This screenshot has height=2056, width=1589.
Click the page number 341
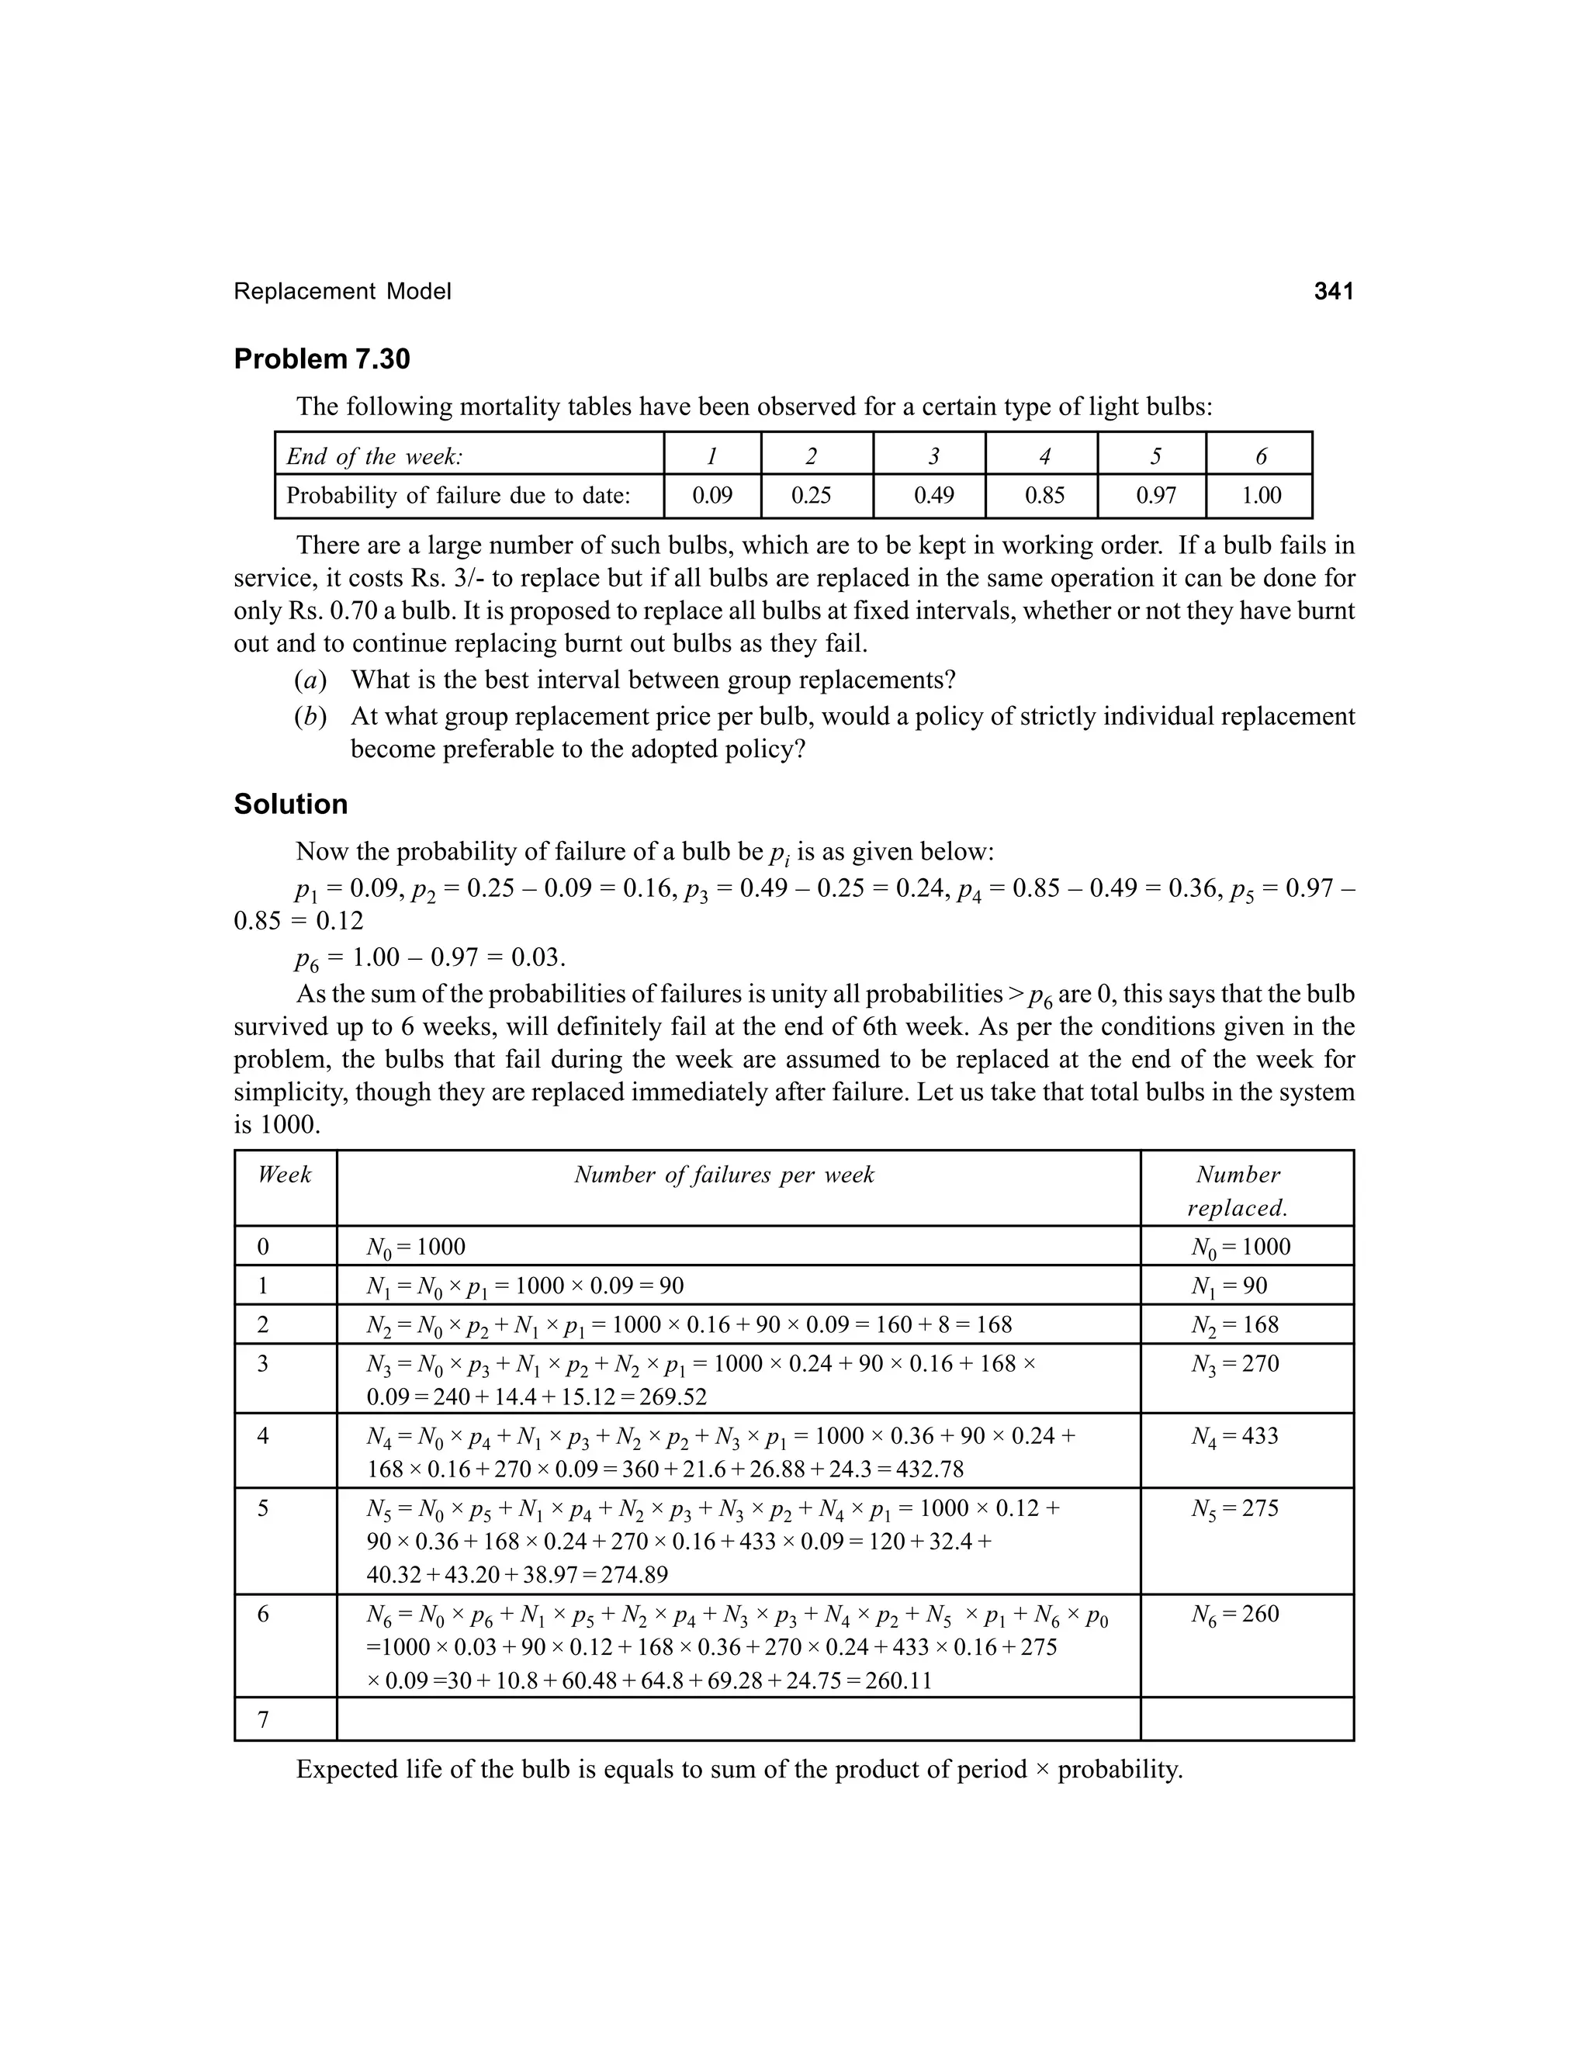(x=1333, y=292)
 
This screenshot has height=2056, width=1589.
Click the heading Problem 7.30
(x=322, y=360)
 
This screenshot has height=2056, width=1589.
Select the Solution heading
(x=290, y=804)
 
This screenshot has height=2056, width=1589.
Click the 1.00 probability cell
(x=1261, y=495)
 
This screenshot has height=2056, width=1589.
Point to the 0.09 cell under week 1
(x=711, y=495)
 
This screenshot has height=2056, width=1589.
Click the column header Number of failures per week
(x=724, y=1174)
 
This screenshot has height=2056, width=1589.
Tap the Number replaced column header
(x=1237, y=1191)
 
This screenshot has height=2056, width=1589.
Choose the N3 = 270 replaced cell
(x=1234, y=1364)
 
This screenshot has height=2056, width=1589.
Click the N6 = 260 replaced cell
(x=1234, y=1615)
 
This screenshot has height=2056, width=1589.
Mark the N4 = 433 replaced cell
(x=1234, y=1437)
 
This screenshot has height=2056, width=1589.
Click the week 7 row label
(x=264, y=1720)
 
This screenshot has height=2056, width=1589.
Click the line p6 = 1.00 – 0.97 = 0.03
(x=430, y=958)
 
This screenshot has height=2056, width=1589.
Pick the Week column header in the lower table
(x=284, y=1174)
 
